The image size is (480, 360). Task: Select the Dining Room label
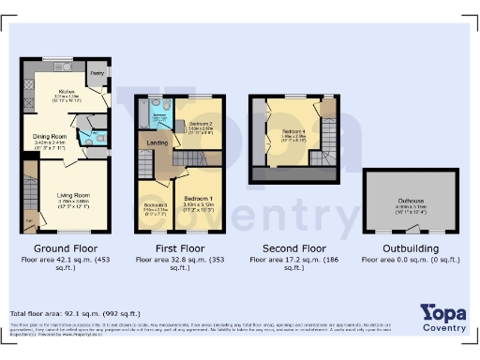[52, 139]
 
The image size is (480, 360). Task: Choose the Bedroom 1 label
[198, 199]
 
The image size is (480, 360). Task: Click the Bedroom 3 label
[155, 204]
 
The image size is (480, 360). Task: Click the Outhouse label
[411, 201]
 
